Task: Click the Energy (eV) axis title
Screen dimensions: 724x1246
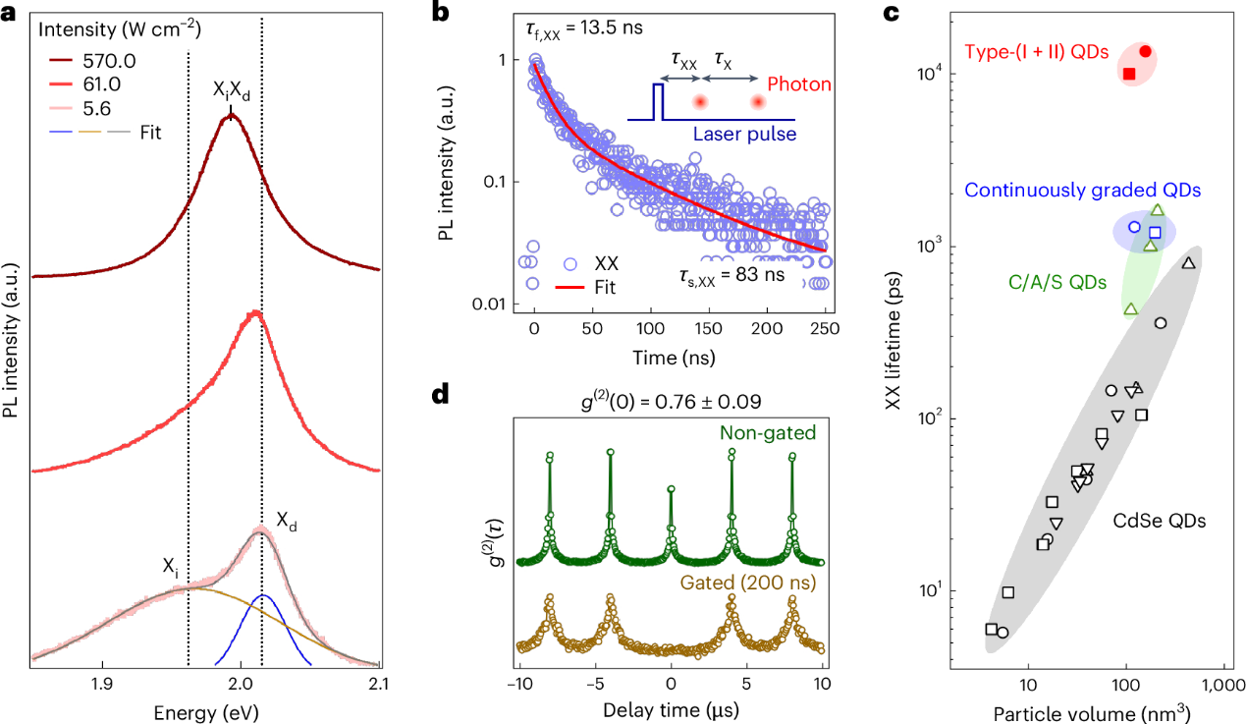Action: (205, 710)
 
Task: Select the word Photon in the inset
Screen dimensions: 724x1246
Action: (799, 85)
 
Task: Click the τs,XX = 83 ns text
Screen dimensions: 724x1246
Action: (731, 275)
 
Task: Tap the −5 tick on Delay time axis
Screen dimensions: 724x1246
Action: (594, 685)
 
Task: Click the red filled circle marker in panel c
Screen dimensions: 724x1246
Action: (1145, 51)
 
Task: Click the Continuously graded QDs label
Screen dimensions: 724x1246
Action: (1082, 191)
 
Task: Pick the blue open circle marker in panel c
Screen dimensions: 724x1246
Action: (1134, 227)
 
